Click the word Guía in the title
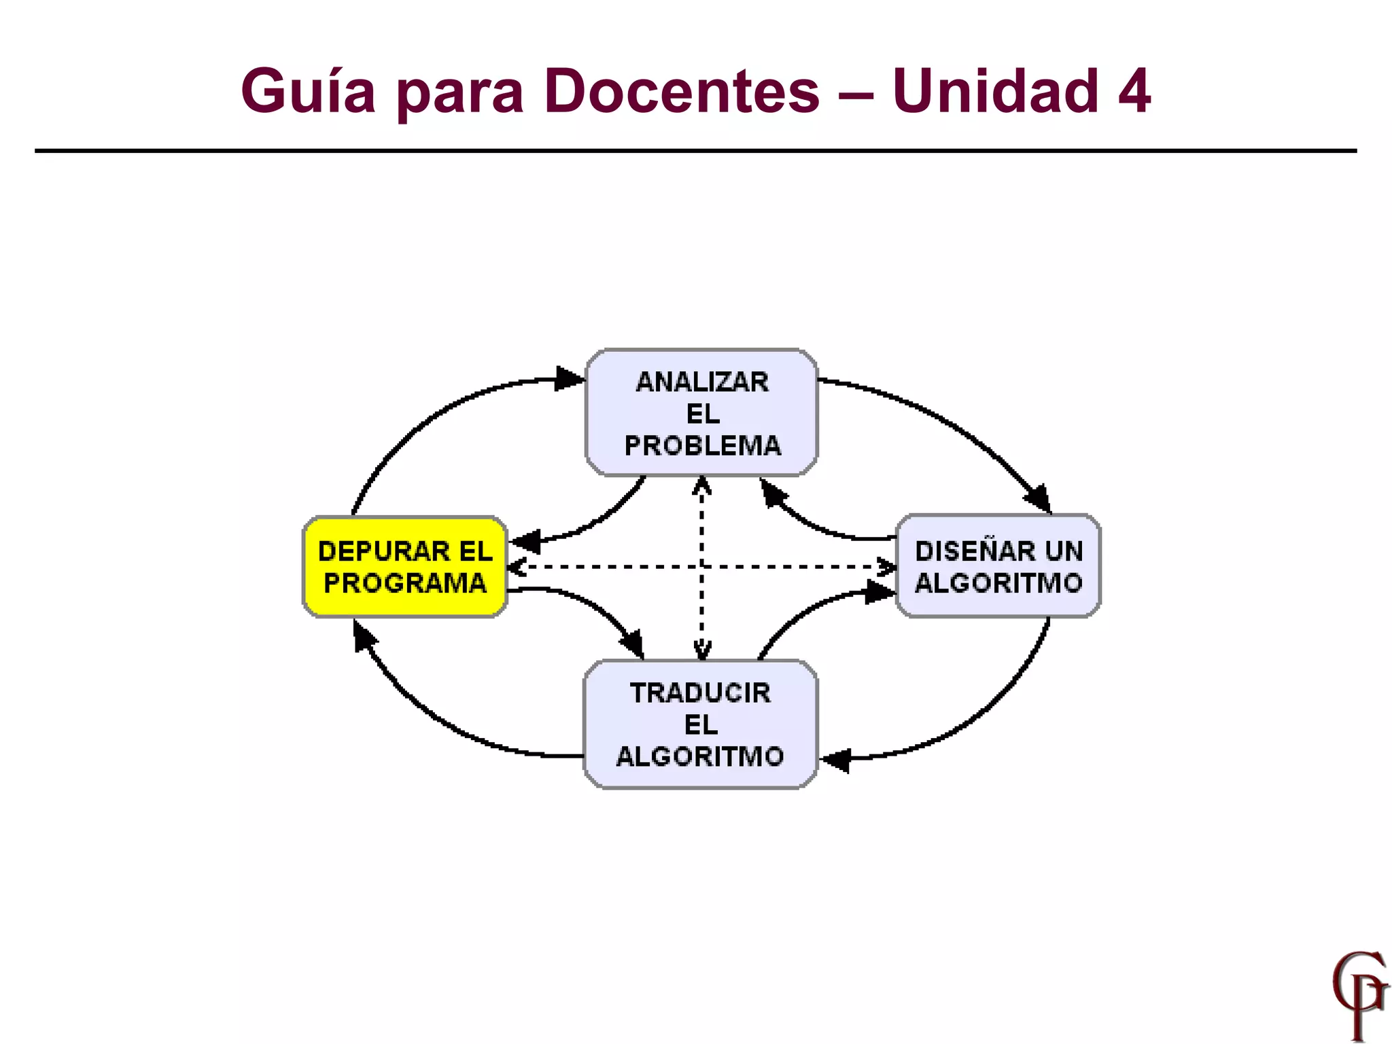(x=308, y=92)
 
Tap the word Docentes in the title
(x=682, y=92)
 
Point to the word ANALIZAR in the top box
(x=702, y=383)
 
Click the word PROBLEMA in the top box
(x=702, y=446)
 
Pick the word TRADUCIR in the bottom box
(x=700, y=693)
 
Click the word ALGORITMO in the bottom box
(x=700, y=756)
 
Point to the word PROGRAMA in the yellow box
(x=405, y=583)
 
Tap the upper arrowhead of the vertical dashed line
(x=701, y=485)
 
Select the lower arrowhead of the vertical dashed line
(x=701, y=651)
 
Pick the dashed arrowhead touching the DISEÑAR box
(x=886, y=566)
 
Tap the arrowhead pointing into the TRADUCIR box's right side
(x=836, y=759)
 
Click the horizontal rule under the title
(x=696, y=151)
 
